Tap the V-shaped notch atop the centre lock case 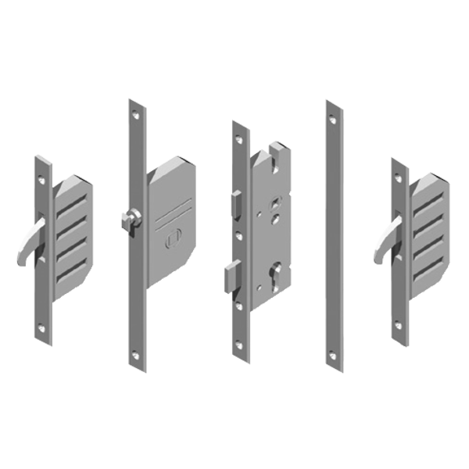click(273, 149)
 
